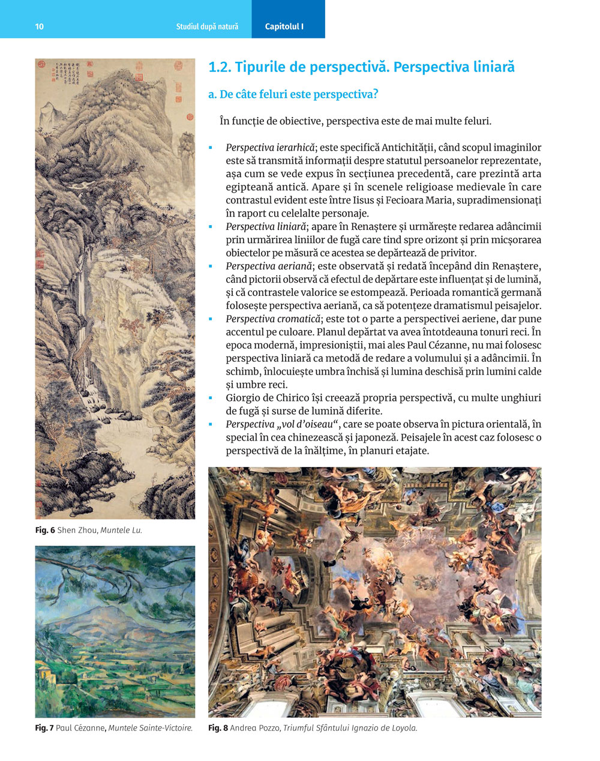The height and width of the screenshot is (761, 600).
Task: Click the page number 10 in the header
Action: point(40,26)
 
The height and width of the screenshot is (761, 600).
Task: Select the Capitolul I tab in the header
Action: point(284,26)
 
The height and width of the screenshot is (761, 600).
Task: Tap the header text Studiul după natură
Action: point(207,26)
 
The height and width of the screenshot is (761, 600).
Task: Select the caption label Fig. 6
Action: point(45,531)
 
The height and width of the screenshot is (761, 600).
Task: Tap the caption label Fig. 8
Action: point(218,729)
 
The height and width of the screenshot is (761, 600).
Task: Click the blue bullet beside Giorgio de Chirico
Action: point(211,399)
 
